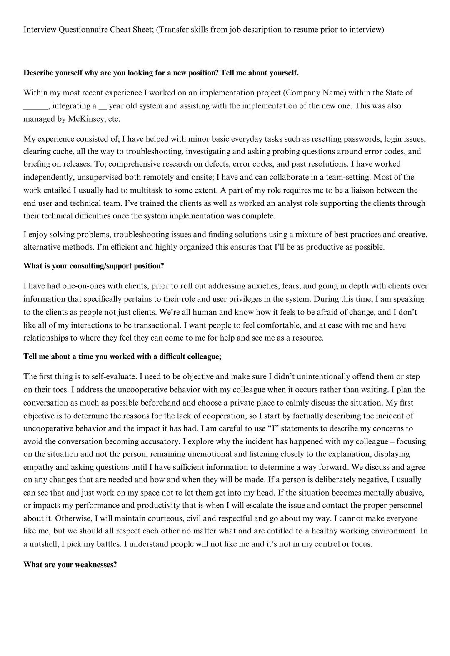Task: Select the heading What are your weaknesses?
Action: pyautogui.click(x=70, y=565)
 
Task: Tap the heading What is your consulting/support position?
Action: pyautogui.click(x=94, y=266)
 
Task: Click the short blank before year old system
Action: pyautogui.click(x=102, y=107)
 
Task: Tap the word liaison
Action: pyautogui.click(x=377, y=190)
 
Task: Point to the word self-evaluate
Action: pyautogui.click(x=112, y=377)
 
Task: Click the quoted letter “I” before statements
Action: pyautogui.click(x=273, y=428)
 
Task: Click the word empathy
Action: pyautogui.click(x=37, y=467)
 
